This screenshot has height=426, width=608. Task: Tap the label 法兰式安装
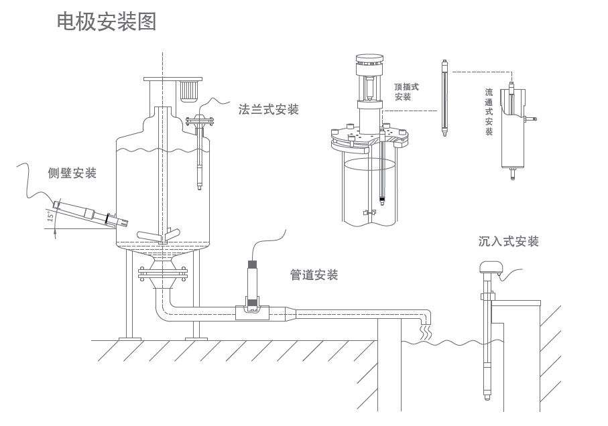pyautogui.click(x=268, y=109)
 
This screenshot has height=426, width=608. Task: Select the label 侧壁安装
pyautogui.click(x=72, y=173)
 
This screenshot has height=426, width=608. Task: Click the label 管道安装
pyautogui.click(x=314, y=275)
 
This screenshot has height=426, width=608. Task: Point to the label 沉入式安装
pyautogui.click(x=509, y=241)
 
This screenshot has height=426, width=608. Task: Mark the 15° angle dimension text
pyautogui.click(x=50, y=216)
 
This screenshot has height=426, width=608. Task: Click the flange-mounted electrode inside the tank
pyautogui.click(x=200, y=157)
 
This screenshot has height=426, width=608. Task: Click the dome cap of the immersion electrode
pyautogui.click(x=489, y=269)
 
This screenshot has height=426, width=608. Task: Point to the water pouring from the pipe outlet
pyautogui.click(x=424, y=330)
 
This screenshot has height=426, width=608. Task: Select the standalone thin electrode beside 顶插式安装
pyautogui.click(x=443, y=97)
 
